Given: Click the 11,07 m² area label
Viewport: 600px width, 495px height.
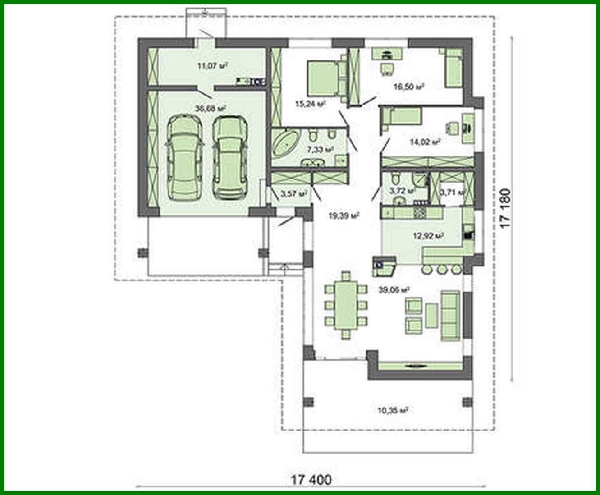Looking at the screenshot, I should tap(212, 66).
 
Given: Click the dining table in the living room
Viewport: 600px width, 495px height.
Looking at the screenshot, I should tap(346, 305).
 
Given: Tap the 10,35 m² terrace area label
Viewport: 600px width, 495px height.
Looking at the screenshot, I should tap(393, 410).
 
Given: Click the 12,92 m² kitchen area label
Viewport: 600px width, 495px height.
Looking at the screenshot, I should tap(429, 235).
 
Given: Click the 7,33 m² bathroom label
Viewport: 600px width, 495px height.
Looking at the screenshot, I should tap(320, 149).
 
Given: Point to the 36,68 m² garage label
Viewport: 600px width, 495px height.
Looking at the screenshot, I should tap(210, 108).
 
